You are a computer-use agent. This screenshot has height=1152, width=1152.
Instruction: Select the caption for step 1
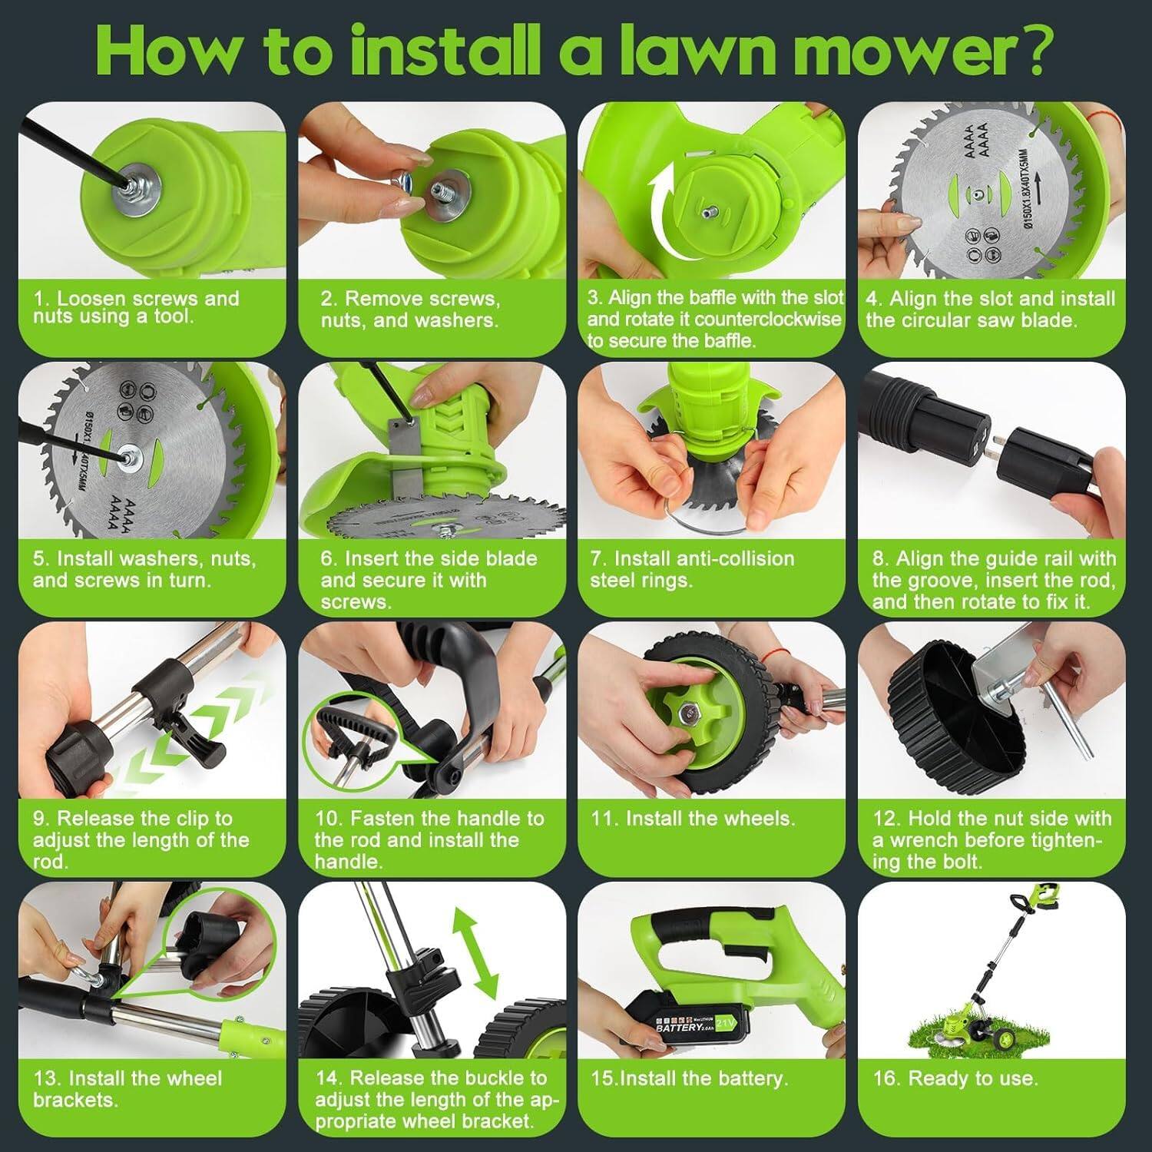tap(136, 307)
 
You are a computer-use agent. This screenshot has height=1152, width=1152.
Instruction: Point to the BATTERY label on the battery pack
tap(679, 1026)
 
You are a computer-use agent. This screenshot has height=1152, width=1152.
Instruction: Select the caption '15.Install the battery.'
tap(689, 1078)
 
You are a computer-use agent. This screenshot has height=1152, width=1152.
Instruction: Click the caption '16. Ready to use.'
tap(955, 1078)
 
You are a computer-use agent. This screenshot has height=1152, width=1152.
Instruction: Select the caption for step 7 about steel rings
tap(691, 569)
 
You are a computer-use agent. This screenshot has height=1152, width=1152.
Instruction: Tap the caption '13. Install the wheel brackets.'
tap(127, 1089)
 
